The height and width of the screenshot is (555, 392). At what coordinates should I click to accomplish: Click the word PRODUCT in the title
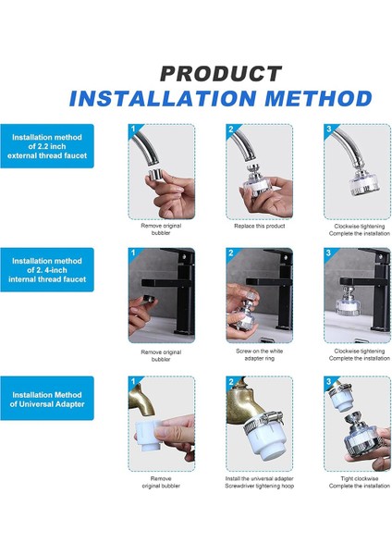pos(221,74)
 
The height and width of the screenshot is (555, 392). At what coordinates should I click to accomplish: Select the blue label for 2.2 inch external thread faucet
pos(47,146)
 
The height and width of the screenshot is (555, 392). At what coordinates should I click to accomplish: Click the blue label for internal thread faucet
pos(47,270)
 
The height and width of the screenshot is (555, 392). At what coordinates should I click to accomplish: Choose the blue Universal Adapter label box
pos(47,398)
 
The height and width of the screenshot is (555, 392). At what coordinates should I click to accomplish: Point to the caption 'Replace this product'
pos(259,226)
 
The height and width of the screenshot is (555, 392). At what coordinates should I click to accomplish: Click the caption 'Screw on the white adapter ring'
pos(259,354)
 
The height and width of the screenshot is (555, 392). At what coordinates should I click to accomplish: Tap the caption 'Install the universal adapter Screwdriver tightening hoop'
pos(259,483)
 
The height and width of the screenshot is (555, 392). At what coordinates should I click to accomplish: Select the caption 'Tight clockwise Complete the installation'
pos(360,483)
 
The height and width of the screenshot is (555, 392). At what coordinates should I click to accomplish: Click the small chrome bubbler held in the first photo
pos(154,174)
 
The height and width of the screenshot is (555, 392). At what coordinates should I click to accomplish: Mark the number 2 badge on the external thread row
pos(231,129)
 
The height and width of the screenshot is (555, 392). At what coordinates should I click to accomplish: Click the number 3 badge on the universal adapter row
pos(329,381)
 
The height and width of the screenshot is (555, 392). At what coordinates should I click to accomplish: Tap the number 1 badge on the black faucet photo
pos(133,253)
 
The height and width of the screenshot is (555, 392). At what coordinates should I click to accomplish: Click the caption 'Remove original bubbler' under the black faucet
pos(161,356)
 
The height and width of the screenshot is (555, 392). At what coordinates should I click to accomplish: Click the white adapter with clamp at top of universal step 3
pos(341,398)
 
